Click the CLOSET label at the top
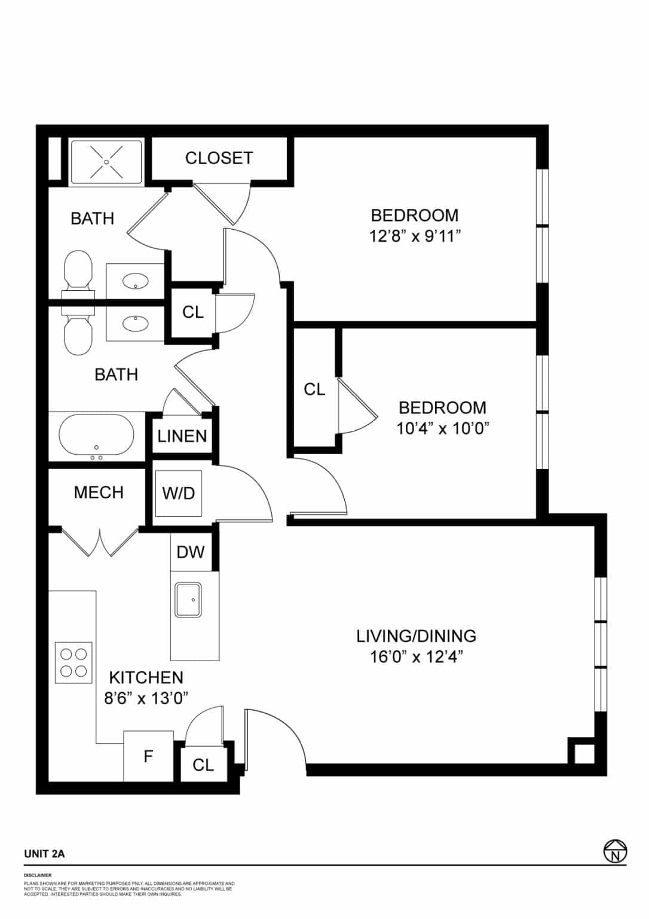(x=219, y=158)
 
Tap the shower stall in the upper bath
(x=106, y=162)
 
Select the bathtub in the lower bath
(x=96, y=437)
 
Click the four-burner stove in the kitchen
(x=74, y=662)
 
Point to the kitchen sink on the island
(x=188, y=600)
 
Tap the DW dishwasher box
(x=191, y=552)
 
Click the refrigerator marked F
(x=148, y=756)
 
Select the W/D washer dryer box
(x=179, y=494)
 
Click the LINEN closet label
(x=182, y=436)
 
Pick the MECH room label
(x=99, y=492)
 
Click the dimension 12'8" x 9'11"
(x=415, y=236)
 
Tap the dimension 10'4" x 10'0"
(x=443, y=428)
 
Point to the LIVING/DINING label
(x=416, y=636)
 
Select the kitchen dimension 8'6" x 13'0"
(x=146, y=698)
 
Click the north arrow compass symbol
(x=615, y=851)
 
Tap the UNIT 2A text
(x=44, y=854)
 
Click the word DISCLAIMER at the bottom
(x=38, y=875)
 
